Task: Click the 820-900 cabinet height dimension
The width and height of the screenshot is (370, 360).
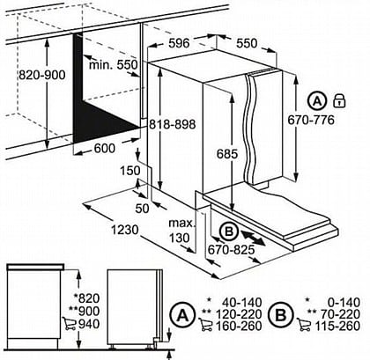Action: (42, 75)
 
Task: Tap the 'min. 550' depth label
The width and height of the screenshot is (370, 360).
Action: (114, 65)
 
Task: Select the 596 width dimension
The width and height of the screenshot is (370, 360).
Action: (179, 43)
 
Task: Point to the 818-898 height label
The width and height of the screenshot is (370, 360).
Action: (172, 124)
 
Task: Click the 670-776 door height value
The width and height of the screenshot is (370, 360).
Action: (311, 120)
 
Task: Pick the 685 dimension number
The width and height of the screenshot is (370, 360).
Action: (227, 154)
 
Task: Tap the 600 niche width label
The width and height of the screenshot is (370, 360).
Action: (105, 148)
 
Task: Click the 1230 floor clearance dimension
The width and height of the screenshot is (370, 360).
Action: (124, 230)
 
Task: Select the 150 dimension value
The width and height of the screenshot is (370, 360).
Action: (130, 171)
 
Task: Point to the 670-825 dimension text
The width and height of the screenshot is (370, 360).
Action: (231, 250)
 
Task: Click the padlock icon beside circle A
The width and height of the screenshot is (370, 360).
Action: (340, 100)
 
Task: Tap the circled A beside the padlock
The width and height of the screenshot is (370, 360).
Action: (317, 101)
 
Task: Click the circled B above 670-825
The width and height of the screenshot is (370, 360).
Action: (230, 231)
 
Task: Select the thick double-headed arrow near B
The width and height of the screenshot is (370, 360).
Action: (253, 238)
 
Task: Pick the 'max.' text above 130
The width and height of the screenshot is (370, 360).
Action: (181, 223)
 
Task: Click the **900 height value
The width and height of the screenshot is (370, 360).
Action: (84, 311)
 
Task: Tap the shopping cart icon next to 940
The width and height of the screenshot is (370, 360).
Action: (70, 324)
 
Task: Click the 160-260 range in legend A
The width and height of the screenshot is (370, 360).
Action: (239, 326)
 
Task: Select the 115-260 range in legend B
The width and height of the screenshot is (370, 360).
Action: (337, 326)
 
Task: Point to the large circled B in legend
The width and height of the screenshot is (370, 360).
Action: (281, 315)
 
